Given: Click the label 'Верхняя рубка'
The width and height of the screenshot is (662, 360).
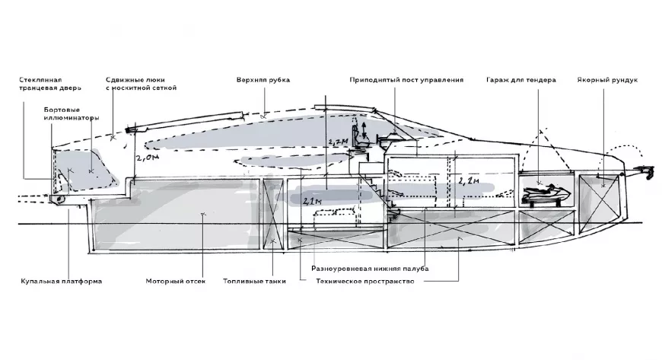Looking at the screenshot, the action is click(x=263, y=80).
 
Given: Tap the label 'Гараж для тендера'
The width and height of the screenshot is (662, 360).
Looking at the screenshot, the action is click(x=521, y=80).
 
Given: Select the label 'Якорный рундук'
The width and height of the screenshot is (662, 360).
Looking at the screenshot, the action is click(x=607, y=80).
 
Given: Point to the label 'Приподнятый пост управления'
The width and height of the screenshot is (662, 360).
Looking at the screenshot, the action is click(x=406, y=80).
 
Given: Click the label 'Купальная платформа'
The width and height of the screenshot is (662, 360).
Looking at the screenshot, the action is click(x=61, y=281).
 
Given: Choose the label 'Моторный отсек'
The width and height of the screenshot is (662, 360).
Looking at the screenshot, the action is click(x=176, y=281).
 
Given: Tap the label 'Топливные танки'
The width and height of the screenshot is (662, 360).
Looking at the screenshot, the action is click(x=254, y=281).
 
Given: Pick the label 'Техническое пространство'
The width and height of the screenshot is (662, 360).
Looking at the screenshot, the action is click(x=364, y=281).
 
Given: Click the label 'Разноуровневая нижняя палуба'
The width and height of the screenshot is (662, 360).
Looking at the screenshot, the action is click(x=370, y=269).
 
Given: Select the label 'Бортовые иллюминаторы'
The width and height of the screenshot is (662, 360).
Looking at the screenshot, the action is click(x=72, y=113).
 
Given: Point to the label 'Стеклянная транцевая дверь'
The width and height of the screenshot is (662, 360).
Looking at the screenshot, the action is click(x=49, y=84).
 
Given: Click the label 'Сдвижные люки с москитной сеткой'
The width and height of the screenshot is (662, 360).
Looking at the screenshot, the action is click(x=141, y=84).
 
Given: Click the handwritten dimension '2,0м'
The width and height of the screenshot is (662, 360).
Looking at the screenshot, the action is click(x=148, y=158).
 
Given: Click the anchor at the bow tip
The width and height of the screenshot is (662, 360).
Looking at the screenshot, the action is click(x=645, y=171).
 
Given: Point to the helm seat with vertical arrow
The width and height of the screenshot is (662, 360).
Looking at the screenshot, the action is click(x=360, y=136).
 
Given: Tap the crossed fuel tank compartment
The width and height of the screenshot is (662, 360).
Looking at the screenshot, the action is click(x=272, y=214).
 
